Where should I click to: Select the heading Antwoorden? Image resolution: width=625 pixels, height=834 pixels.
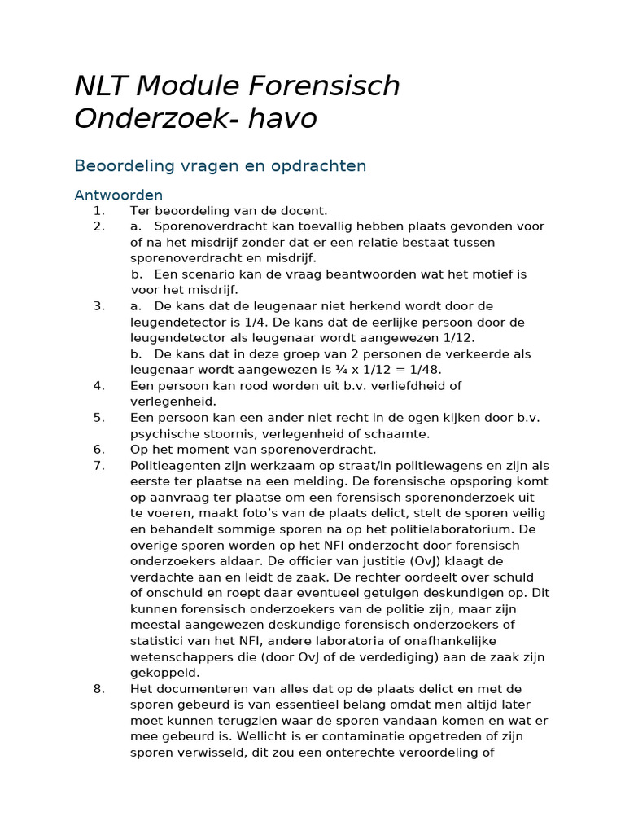(x=118, y=195)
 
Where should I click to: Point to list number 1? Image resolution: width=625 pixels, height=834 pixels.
(x=98, y=210)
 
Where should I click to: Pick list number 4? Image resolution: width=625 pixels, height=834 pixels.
(x=98, y=385)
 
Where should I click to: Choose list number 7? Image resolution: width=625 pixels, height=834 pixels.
(x=98, y=465)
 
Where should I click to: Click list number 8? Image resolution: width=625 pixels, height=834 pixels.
(x=98, y=689)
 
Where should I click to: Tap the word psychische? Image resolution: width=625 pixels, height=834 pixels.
(x=164, y=433)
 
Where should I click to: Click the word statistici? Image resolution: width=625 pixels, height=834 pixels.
(x=160, y=641)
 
